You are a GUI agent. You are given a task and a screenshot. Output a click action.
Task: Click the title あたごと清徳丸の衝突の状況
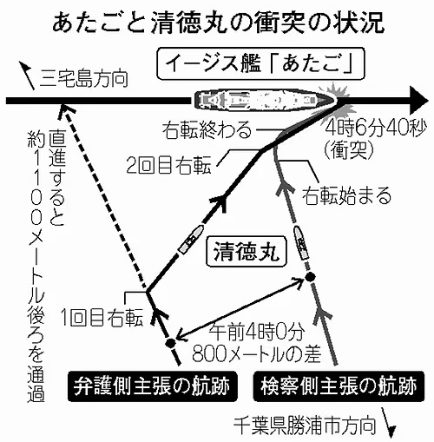[218, 23]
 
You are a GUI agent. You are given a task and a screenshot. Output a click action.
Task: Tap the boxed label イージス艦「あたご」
[260, 63]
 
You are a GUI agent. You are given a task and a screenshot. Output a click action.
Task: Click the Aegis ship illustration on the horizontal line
[266, 101]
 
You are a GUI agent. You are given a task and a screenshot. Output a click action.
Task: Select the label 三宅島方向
[84, 77]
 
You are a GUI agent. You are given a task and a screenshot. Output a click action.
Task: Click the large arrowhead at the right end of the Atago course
[419, 101]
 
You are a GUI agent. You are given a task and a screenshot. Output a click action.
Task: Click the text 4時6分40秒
[376, 129]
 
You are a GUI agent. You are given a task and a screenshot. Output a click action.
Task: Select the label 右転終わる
[207, 129]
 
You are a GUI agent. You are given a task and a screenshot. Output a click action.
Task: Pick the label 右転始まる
[346, 195]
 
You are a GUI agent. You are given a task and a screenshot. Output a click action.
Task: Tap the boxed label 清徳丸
[247, 251]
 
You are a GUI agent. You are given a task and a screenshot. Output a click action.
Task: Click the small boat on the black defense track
[190, 240]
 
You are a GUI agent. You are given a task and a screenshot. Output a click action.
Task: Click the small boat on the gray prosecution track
[301, 242]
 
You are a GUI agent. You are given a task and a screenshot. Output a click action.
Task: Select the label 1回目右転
[102, 319]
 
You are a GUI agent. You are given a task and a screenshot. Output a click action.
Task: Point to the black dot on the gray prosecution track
[310, 277]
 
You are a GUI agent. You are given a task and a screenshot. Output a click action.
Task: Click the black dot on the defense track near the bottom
[170, 343]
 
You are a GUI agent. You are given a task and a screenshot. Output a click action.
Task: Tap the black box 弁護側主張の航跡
[153, 386]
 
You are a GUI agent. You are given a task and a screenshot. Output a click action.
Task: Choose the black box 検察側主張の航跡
[339, 386]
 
